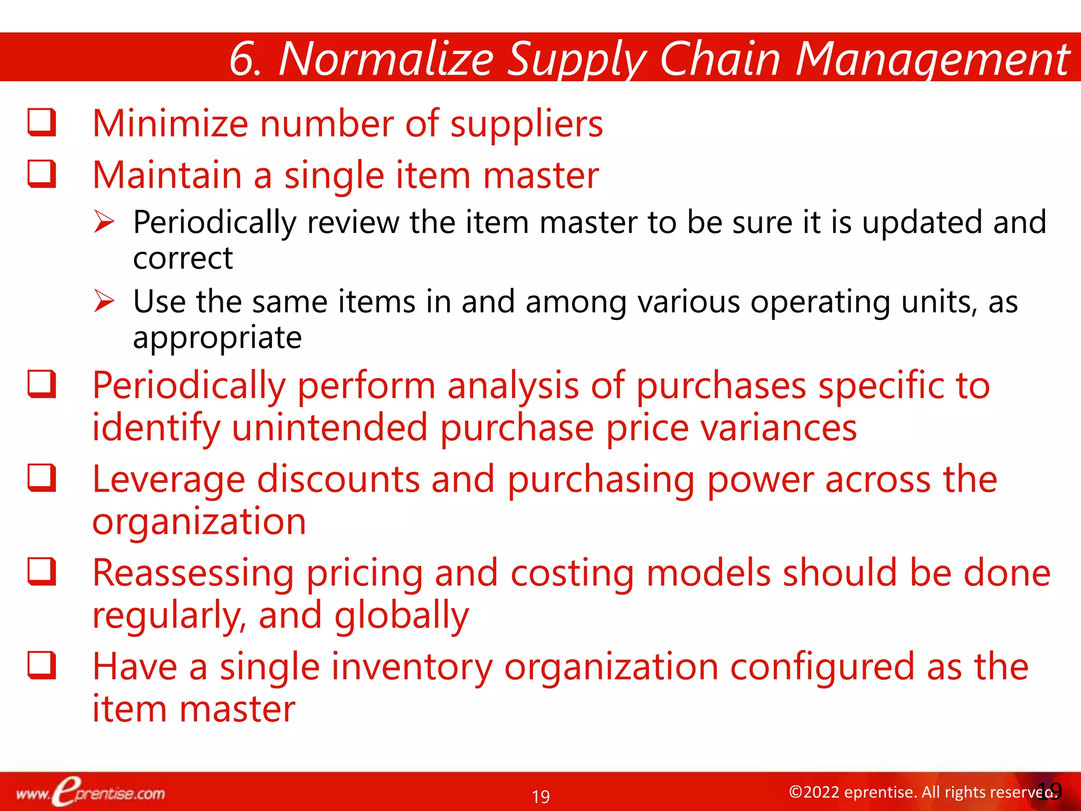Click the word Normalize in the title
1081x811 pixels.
coord(386,59)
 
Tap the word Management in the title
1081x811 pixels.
coord(932,59)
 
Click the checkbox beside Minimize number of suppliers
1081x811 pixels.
coord(42,122)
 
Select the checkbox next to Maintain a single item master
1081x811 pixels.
coord(42,174)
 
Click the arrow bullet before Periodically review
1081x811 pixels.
coord(105,222)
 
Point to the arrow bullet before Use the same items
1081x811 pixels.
coord(105,301)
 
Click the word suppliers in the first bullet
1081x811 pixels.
coord(526,125)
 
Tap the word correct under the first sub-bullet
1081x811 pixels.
coord(183,258)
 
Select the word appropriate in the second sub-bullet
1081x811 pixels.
coord(217,338)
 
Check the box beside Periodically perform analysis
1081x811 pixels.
coord(42,384)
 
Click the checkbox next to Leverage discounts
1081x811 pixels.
coord(42,478)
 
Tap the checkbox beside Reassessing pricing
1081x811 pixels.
coord(42,572)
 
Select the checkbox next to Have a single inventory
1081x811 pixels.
coord(42,665)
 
